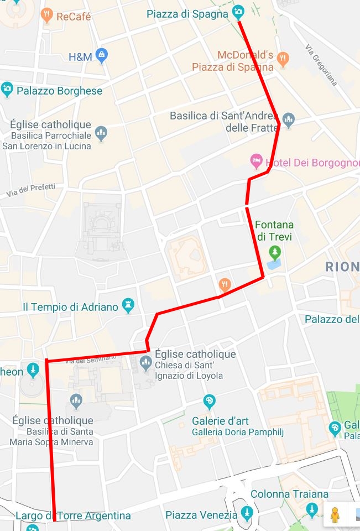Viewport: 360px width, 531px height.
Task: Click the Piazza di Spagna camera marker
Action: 238,11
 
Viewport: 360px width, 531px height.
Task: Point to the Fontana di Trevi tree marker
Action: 274,253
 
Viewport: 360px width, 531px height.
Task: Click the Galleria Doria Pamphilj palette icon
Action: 209,400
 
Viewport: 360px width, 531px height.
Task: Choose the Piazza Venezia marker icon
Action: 247,512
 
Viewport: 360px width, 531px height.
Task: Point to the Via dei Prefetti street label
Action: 31,191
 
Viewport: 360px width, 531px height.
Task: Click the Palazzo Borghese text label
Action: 60,91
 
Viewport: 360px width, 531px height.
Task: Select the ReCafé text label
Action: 74,17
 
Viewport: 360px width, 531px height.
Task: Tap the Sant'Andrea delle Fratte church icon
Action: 288,119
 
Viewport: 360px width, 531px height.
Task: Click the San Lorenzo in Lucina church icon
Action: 101,133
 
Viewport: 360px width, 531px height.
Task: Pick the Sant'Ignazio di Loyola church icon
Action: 146,363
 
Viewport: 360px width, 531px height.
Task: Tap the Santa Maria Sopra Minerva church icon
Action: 76,400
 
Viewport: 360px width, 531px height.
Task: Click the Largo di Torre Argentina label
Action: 73,516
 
